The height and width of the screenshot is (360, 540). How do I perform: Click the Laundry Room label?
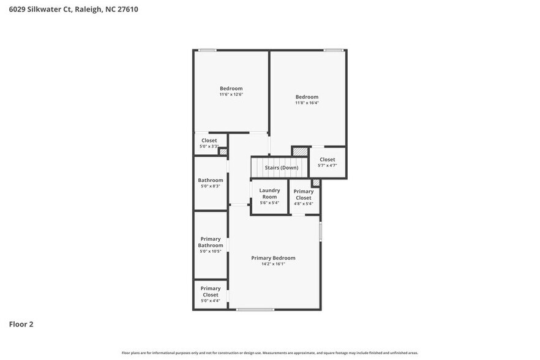[x=269, y=193]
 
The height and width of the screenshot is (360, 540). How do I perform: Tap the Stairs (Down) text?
[x=281, y=168]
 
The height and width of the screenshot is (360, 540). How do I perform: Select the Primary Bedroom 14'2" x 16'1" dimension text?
[x=273, y=263]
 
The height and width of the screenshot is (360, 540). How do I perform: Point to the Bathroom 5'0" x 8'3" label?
[x=210, y=182]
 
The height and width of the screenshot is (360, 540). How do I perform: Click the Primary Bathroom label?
[x=210, y=242]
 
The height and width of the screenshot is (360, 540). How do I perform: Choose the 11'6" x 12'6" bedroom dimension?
[x=231, y=94]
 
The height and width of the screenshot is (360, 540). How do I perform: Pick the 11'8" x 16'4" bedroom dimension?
[x=307, y=103]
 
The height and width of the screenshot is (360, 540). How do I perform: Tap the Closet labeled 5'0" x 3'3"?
[x=209, y=143]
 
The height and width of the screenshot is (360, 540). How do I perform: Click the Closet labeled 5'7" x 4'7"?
[x=327, y=162]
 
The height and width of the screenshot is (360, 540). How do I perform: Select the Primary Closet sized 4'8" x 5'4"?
[x=303, y=197]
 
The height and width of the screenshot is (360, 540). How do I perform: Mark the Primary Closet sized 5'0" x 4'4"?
[x=210, y=294]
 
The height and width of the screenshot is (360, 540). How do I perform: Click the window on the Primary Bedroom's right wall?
[x=320, y=231]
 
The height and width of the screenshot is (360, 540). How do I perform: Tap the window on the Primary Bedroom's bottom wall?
[x=255, y=309]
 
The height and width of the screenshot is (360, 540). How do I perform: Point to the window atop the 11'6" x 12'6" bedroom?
[x=207, y=50]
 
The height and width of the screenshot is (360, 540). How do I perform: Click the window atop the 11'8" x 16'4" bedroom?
[x=333, y=50]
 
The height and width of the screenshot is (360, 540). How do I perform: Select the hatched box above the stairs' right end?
[x=299, y=151]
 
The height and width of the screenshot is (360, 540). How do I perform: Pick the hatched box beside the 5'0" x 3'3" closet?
[x=223, y=152]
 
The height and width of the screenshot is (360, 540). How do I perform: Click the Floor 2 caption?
[x=21, y=324]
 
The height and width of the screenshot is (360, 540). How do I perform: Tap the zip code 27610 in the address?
[x=126, y=9]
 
